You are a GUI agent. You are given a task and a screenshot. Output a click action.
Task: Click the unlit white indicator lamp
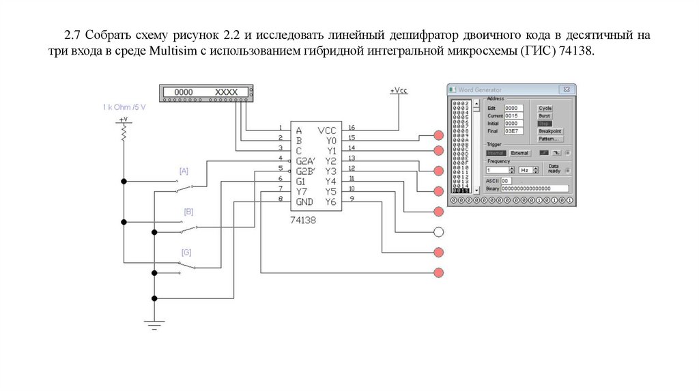pos(439,232)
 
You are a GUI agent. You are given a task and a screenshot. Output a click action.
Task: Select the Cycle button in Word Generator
pos(545,108)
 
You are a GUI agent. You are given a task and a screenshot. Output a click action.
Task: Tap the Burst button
pos(544,116)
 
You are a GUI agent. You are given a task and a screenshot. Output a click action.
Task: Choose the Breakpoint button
pos(550,131)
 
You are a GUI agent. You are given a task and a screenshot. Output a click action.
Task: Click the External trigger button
pos(519,153)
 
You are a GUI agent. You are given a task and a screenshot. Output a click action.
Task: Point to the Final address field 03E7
pos(513,130)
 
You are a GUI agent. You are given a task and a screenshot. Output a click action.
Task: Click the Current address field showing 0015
pos(513,115)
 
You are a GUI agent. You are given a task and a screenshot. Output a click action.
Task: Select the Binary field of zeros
pos(535,188)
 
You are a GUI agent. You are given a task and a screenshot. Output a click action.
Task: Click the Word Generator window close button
pos(566,89)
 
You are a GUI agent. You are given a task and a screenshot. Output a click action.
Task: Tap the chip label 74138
pos(303,220)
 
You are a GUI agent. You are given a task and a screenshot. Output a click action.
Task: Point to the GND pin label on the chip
pos(304,202)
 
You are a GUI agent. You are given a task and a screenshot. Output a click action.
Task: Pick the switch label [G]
pos(186,252)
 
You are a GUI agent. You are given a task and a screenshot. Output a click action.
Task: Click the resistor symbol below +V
pos(124,135)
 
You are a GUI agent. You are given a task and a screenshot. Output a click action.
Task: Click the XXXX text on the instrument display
pos(226,92)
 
